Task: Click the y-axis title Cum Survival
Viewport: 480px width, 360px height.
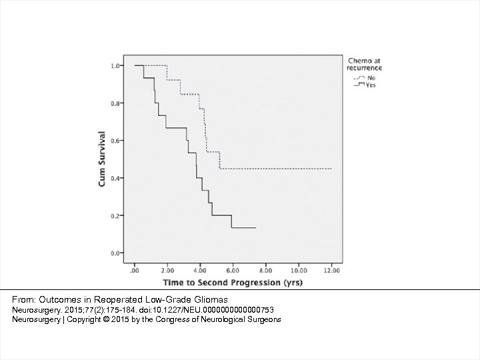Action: [x=102, y=159]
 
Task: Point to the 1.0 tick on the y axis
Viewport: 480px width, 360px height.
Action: [x=115, y=66]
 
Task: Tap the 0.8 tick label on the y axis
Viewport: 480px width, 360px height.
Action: [x=115, y=103]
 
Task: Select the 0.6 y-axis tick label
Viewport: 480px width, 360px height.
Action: [x=115, y=141]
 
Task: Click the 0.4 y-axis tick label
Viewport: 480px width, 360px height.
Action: [x=115, y=178]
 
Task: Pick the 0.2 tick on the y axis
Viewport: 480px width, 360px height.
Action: [x=115, y=216]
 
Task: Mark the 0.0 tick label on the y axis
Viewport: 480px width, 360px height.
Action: [x=115, y=253]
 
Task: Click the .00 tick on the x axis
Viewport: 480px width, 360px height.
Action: [x=135, y=271]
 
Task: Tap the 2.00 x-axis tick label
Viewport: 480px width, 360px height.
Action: [x=167, y=271]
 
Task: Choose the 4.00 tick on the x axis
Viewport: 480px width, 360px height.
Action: [x=200, y=271]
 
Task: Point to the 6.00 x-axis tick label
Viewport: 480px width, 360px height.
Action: [x=233, y=271]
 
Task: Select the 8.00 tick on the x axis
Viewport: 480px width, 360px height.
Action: [x=265, y=271]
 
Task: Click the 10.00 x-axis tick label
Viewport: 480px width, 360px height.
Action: [x=298, y=271]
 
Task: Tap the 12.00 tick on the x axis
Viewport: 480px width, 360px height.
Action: [x=331, y=271]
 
